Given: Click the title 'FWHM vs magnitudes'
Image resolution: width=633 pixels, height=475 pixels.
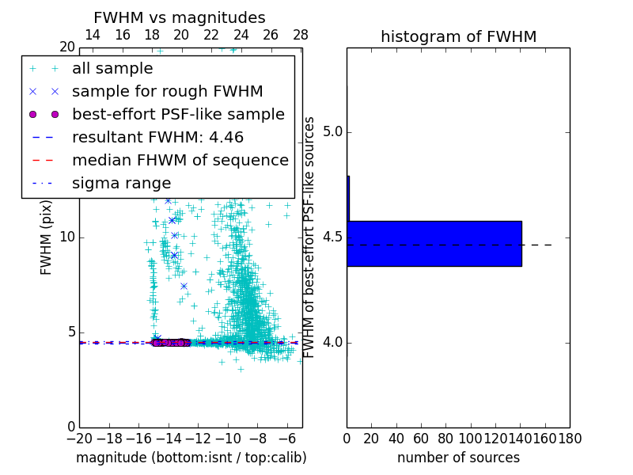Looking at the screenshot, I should [x=180, y=18].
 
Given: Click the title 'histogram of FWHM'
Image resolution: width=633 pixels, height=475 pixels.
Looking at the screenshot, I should [x=458, y=36].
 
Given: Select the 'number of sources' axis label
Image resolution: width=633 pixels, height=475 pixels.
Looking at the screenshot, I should [x=458, y=458].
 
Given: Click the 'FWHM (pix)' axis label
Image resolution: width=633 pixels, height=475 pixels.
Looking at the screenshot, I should [x=47, y=237].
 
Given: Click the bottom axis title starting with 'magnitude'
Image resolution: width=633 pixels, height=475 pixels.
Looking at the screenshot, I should [x=191, y=458].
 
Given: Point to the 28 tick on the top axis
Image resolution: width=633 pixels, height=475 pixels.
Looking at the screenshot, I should [x=301, y=35].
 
